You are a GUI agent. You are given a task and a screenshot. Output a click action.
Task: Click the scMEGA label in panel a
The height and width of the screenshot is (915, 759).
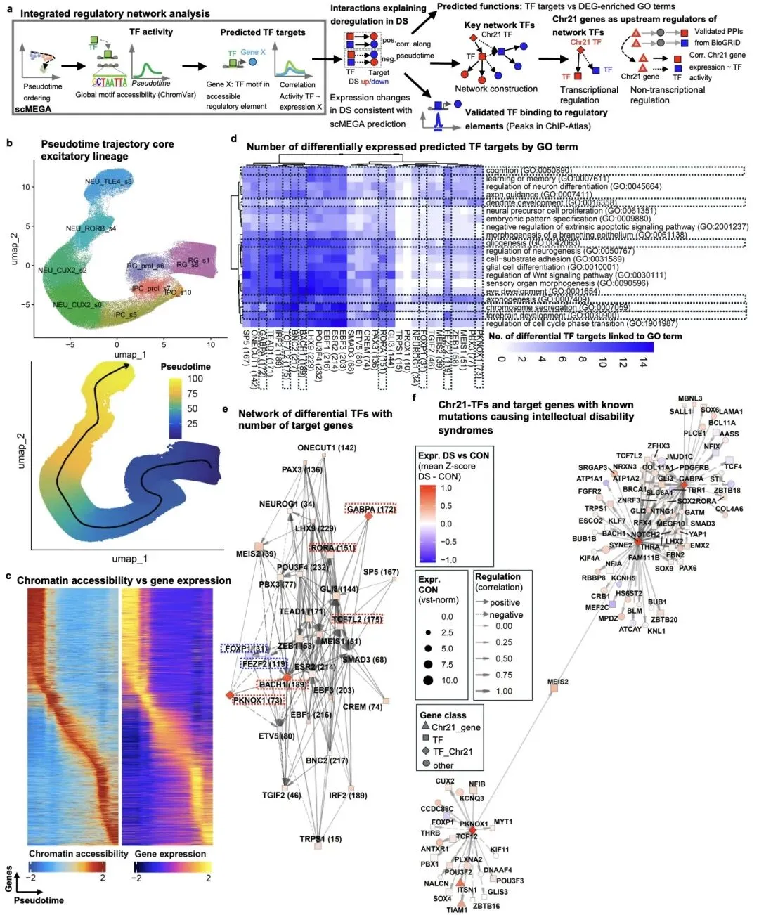tap(33, 109)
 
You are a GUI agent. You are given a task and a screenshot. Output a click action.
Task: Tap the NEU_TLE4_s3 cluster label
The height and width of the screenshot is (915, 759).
tap(108, 181)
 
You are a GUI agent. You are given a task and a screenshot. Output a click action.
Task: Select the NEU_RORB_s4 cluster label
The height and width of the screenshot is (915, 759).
tap(91, 228)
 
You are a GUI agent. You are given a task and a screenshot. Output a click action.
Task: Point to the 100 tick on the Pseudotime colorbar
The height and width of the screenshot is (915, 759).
tap(195, 379)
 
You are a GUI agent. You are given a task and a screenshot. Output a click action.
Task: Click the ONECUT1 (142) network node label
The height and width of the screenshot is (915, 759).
tap(327, 448)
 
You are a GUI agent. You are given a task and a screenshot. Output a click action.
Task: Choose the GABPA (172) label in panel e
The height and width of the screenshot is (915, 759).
tap(371, 510)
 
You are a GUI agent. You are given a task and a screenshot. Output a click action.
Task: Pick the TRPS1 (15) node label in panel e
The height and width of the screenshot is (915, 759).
tap(320, 838)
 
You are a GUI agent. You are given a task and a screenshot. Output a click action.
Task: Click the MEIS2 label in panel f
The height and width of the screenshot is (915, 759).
tap(558, 682)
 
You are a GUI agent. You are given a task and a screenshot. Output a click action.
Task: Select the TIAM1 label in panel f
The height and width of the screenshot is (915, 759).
tap(457, 910)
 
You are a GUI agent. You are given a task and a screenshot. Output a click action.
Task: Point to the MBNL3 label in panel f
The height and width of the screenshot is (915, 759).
tap(690, 398)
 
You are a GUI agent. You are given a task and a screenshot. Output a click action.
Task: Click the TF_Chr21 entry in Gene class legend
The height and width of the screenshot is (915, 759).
tap(452, 751)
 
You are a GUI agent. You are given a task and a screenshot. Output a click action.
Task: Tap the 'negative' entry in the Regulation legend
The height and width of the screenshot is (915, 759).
tap(506, 615)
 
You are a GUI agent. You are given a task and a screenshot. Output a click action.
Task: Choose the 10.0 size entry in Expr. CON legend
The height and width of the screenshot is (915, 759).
tap(449, 680)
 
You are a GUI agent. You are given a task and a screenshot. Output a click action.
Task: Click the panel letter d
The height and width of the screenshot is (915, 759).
tap(233, 138)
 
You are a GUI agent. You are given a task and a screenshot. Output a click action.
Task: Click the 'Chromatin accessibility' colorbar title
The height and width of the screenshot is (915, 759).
tap(79, 854)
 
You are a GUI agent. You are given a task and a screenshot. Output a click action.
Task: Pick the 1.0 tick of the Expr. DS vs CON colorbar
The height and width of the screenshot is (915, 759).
tap(446, 488)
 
